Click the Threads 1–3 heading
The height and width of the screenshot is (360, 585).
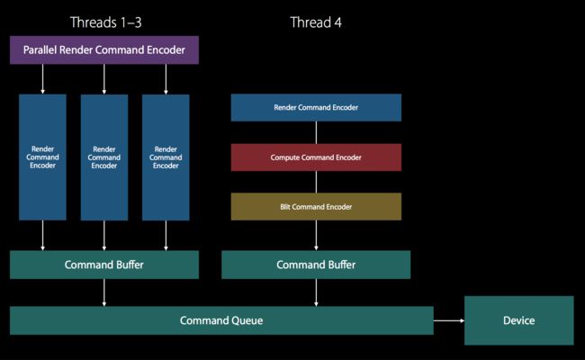tap(106, 22)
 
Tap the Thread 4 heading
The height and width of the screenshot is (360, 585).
tap(316, 22)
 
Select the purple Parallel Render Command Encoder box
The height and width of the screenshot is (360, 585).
tap(104, 50)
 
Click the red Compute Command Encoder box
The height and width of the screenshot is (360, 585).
tap(316, 157)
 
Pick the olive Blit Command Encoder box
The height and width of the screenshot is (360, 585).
tap(316, 207)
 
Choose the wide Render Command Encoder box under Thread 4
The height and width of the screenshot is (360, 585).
tap(316, 107)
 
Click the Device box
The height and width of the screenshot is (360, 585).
tap(519, 320)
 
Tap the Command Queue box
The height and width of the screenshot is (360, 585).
tap(221, 320)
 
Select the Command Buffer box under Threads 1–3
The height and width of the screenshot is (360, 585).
tap(104, 265)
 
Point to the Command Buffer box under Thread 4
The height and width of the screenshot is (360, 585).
tap(316, 265)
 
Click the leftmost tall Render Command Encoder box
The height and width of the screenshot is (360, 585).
tap(42, 157)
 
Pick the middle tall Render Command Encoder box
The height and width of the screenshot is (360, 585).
tap(104, 157)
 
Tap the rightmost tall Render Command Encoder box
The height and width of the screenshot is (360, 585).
tap(166, 157)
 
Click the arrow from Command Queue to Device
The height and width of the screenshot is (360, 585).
tap(449, 320)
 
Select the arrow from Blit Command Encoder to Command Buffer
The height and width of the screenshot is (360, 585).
tap(316, 236)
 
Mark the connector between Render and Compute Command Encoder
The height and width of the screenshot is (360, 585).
tap(316, 132)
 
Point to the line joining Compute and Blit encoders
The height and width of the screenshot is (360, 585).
tap(316, 182)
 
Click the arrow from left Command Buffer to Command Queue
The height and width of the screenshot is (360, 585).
tap(104, 292)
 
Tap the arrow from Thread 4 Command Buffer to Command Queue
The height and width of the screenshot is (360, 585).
tap(316, 292)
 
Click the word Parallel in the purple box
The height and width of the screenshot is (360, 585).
tap(40, 50)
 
